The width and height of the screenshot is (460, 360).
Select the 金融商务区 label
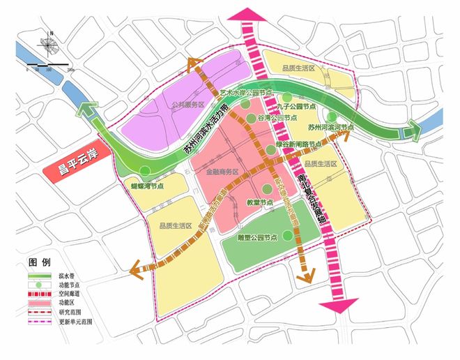222,171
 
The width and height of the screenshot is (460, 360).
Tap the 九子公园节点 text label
297,108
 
